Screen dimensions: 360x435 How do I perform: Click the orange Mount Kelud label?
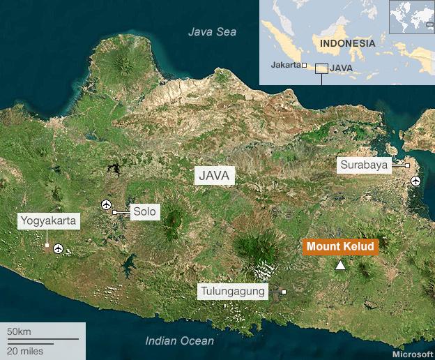tap(340, 247)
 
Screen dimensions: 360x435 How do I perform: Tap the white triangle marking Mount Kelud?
tap(340, 265)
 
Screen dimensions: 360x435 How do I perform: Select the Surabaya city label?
tap(364, 165)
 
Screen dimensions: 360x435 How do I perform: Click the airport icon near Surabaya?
tap(416, 181)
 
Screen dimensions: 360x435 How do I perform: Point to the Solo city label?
tap(146, 211)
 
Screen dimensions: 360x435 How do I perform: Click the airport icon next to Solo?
tap(107, 204)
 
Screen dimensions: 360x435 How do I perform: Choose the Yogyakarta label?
tap(49, 222)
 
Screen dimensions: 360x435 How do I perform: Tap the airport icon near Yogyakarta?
tap(59, 248)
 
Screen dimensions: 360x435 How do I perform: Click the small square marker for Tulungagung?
tap(284, 292)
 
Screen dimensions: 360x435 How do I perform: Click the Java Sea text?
tap(213, 31)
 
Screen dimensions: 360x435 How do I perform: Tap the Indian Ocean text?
tap(180, 340)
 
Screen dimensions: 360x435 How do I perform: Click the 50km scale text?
tap(19, 330)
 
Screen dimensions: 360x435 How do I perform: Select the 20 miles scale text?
tap(25, 350)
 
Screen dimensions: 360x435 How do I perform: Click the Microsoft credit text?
tap(412, 354)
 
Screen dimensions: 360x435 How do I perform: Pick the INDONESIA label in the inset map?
tap(347, 43)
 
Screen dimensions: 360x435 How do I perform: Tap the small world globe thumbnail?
tap(411, 17)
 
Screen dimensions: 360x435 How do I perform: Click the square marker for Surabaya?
tap(407, 165)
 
